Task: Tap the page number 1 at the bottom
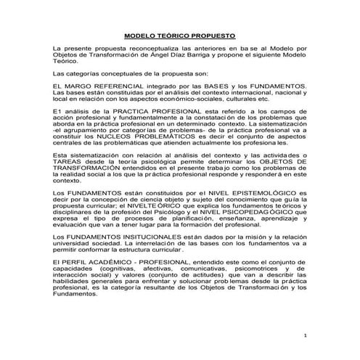(306, 336)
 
